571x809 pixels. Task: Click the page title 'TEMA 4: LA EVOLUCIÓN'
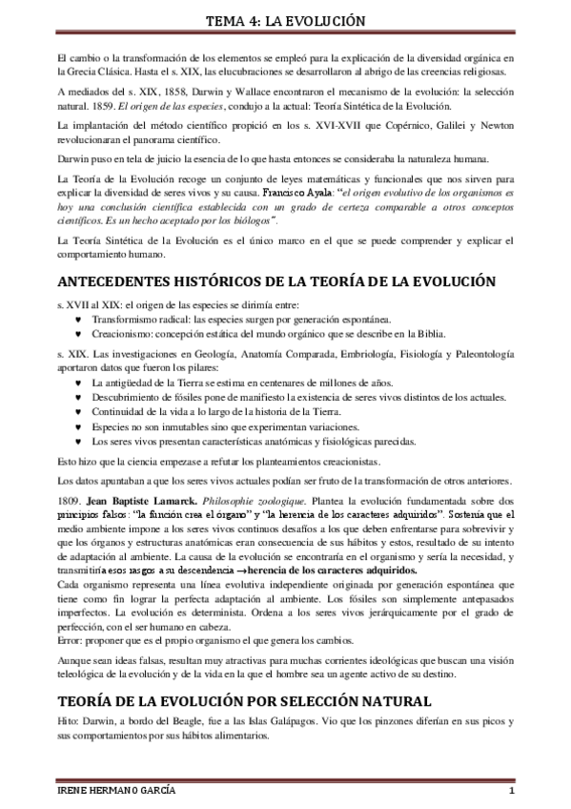(x=285, y=20)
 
